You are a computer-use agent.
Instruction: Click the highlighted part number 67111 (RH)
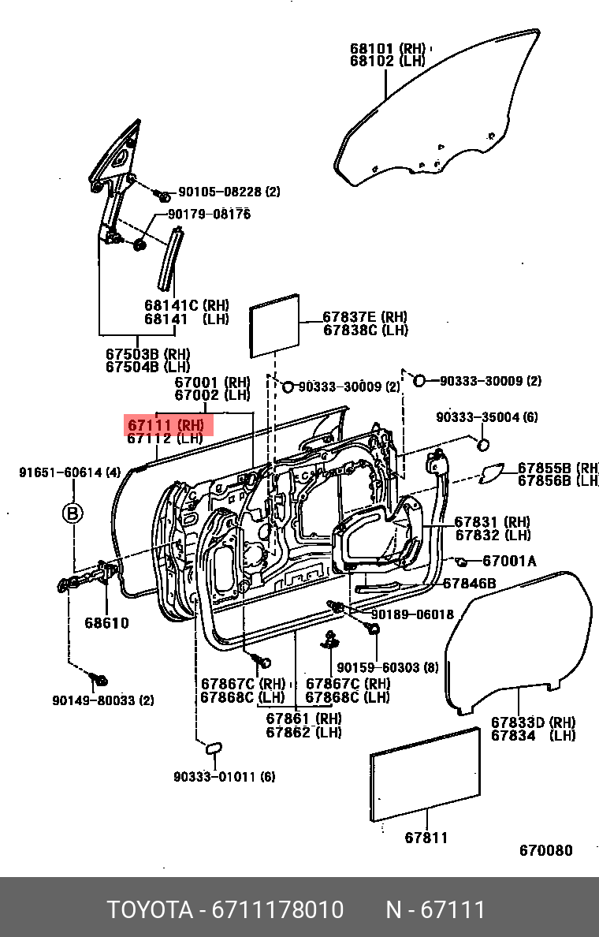(x=169, y=426)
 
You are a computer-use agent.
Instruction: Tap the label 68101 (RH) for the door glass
(x=386, y=47)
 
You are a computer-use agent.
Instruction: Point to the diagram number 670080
(x=545, y=851)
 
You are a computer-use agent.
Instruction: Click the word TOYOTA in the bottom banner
(x=150, y=910)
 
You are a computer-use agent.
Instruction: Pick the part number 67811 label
(x=426, y=838)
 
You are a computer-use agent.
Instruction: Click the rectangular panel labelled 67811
(x=426, y=775)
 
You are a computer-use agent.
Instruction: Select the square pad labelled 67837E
(x=274, y=322)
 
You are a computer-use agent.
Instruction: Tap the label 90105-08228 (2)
(x=229, y=192)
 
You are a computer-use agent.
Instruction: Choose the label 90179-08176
(x=208, y=215)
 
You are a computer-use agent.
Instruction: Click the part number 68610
(x=106, y=623)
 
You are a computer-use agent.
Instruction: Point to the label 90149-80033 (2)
(x=103, y=700)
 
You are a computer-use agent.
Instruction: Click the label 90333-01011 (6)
(x=225, y=777)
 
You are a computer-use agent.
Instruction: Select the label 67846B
(x=469, y=584)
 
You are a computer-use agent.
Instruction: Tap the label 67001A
(x=509, y=561)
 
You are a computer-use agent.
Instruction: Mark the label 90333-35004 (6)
(x=487, y=417)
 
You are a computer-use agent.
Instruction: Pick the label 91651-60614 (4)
(x=70, y=472)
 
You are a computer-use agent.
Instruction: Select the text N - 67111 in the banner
(x=435, y=910)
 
